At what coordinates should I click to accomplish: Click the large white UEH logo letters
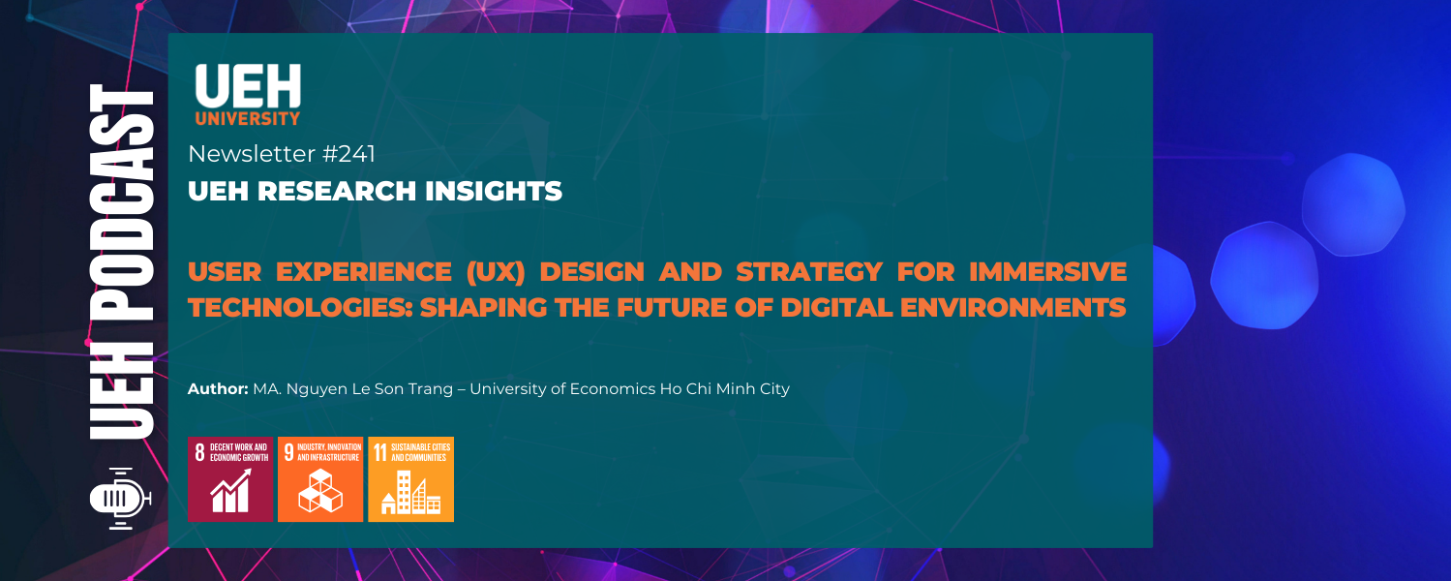[248, 86]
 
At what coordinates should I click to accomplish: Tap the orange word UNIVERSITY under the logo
[248, 120]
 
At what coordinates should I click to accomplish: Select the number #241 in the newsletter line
[348, 153]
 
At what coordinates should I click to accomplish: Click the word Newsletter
[252, 153]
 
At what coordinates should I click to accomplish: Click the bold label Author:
[218, 389]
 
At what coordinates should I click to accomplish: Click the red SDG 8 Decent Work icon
[229, 479]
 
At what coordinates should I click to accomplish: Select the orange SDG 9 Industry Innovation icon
[320, 479]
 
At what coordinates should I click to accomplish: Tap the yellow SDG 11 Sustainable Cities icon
[410, 479]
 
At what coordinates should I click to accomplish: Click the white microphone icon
[119, 500]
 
